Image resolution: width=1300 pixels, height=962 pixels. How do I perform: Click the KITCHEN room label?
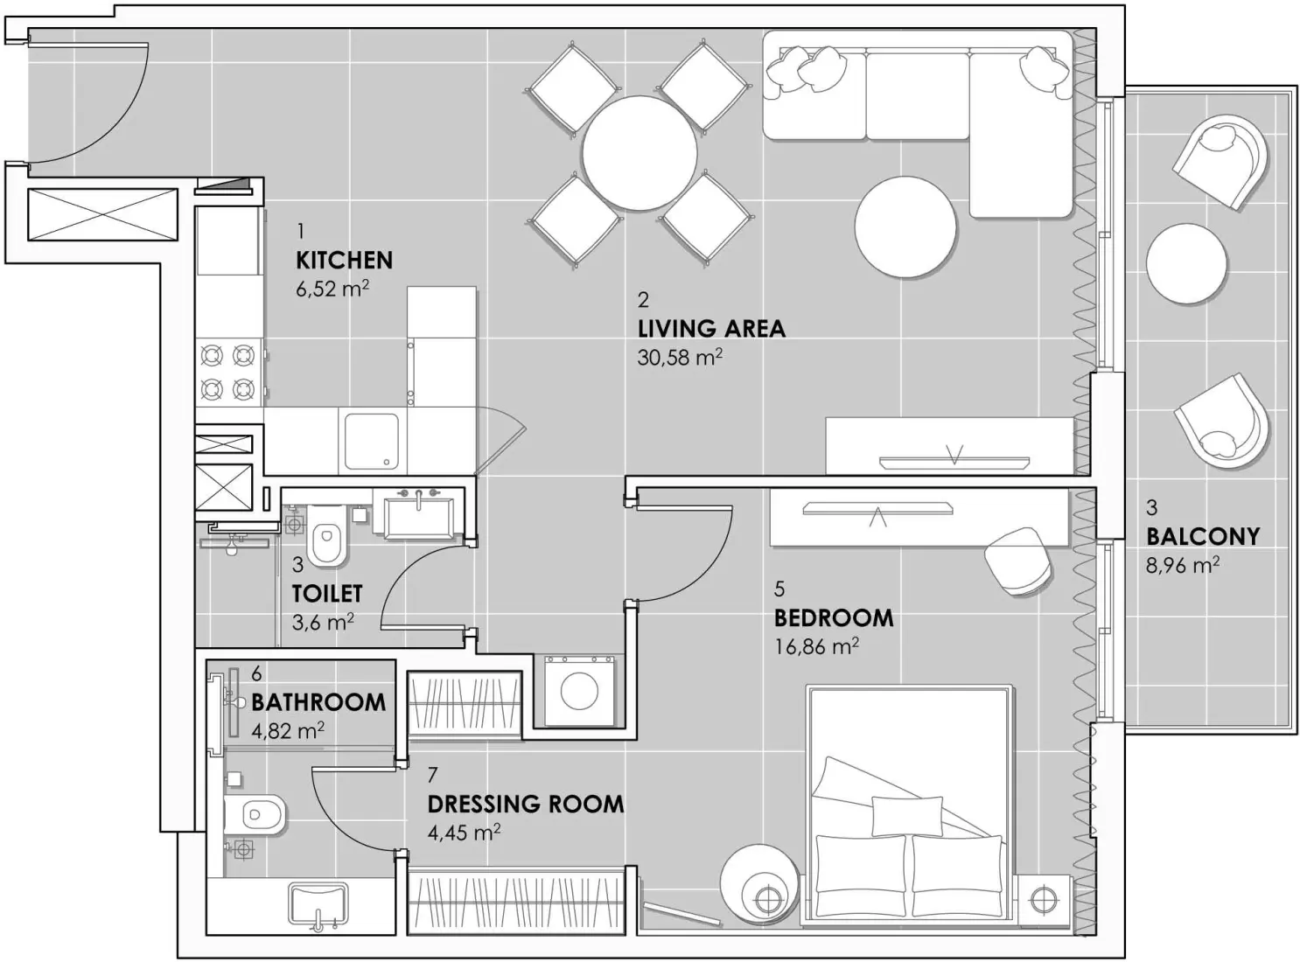tap(344, 260)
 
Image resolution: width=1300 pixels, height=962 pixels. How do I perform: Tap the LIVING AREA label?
tap(711, 329)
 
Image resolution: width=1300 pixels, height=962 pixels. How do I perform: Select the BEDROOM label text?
tap(834, 617)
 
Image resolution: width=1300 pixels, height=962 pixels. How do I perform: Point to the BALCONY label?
tap(1203, 536)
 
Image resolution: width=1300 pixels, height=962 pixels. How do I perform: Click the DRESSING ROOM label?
tap(525, 804)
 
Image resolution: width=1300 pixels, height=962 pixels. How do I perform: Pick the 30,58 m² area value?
tap(680, 357)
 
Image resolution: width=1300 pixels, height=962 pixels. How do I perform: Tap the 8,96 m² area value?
tap(1183, 565)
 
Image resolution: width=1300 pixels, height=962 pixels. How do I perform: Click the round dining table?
tap(640, 153)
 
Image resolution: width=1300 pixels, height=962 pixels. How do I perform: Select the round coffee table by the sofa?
tap(905, 227)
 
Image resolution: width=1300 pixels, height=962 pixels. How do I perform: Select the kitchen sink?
tap(371, 441)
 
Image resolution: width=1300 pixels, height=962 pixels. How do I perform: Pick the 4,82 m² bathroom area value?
tap(288, 730)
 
